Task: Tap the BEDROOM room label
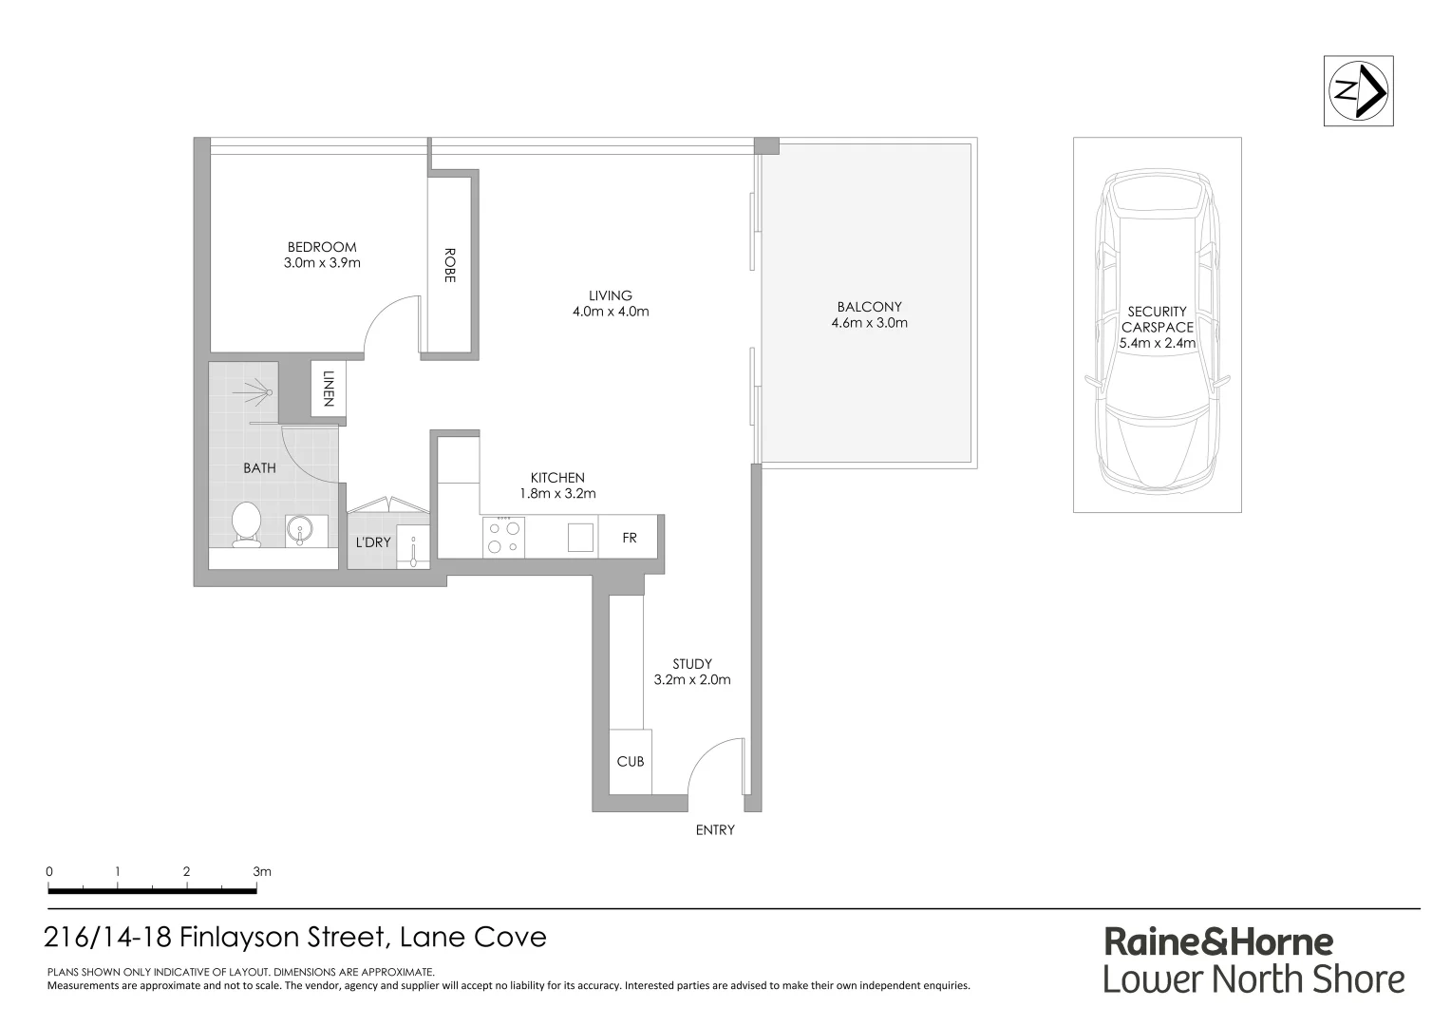pyautogui.click(x=322, y=247)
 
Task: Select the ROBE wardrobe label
pyautogui.click(x=449, y=265)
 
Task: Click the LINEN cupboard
pyautogui.click(x=328, y=388)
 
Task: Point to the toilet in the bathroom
pyautogui.click(x=246, y=524)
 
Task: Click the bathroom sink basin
pyautogui.click(x=299, y=530)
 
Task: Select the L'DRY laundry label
pyautogui.click(x=372, y=542)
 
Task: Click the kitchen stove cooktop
pyautogui.click(x=503, y=537)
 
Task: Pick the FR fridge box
pyautogui.click(x=630, y=538)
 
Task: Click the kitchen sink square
pyautogui.click(x=580, y=538)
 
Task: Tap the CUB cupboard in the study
pyautogui.click(x=631, y=761)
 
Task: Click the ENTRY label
pyautogui.click(x=715, y=829)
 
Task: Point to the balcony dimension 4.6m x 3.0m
pyautogui.click(x=869, y=323)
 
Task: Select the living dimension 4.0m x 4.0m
pyautogui.click(x=611, y=312)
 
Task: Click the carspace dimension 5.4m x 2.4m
pyautogui.click(x=1157, y=343)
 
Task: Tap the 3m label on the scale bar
pyautogui.click(x=262, y=871)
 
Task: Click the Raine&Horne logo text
pyautogui.click(x=1218, y=941)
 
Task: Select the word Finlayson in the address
pyautogui.click(x=241, y=937)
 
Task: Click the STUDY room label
pyautogui.click(x=692, y=663)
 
